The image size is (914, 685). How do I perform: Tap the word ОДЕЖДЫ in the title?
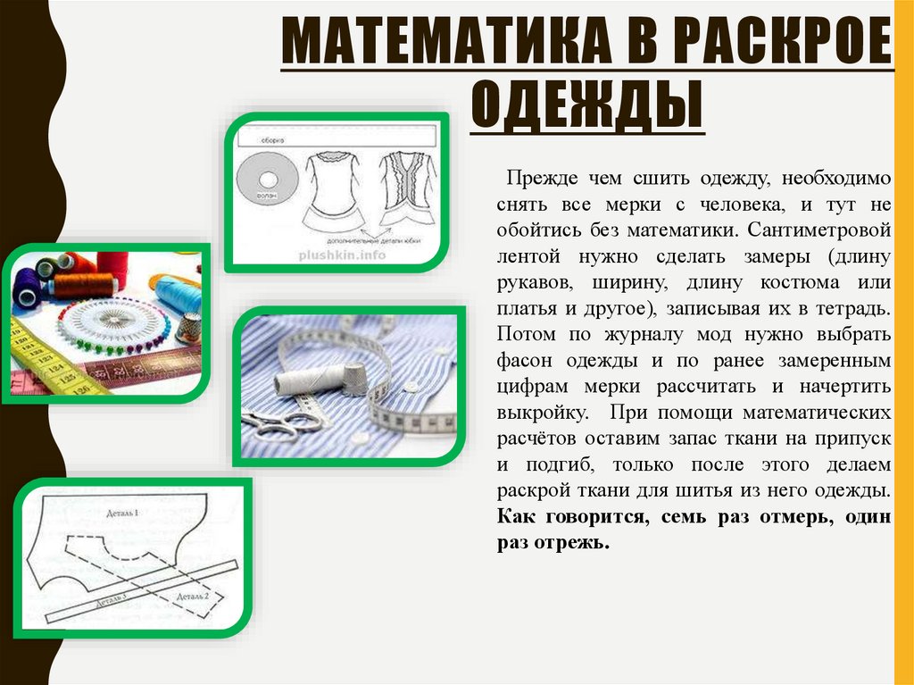click(586, 104)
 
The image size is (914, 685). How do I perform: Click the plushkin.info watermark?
click(341, 254)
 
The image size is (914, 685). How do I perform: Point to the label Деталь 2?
click(193, 595)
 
